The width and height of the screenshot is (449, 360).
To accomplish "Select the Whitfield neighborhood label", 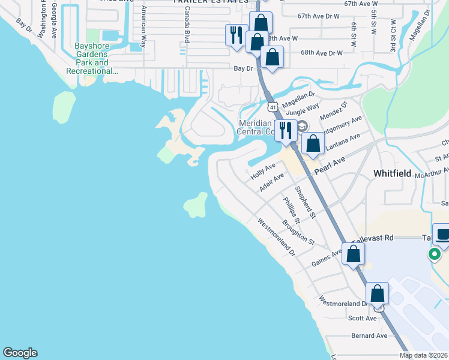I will point(392,173).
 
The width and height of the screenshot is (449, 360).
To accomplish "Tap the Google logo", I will point(20,353).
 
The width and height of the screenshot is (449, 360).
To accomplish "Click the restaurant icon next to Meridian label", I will point(285,130).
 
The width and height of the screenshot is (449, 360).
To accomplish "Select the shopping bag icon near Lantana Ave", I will point(313,143).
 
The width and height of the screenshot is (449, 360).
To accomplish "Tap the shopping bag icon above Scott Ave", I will point(378,294).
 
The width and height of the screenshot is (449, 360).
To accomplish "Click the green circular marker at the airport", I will point(433,255).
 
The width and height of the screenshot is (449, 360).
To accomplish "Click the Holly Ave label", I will point(263,170).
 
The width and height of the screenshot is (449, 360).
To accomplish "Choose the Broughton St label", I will point(298,232).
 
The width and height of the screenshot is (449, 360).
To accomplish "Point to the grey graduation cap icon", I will point(301,126).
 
